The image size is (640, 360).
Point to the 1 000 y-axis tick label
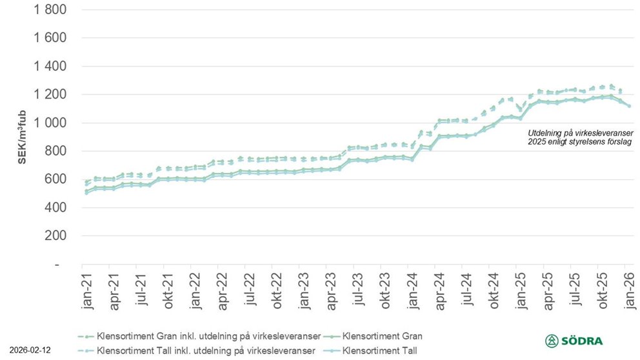pyautogui.click(x=47, y=123)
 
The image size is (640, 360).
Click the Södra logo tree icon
pyautogui.click(x=552, y=341)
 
